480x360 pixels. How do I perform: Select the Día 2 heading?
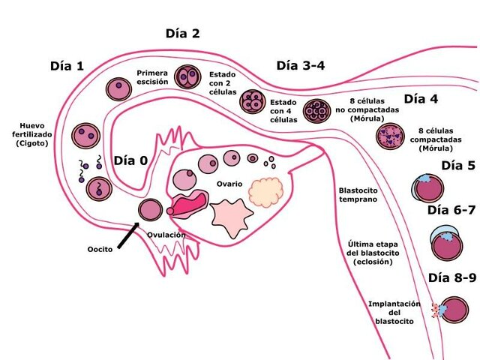click(182, 34)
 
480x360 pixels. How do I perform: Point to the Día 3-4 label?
click(300, 65)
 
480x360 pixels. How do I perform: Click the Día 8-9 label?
click(452, 278)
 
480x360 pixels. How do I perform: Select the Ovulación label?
click(166, 235)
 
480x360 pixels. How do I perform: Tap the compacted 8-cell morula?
click(391, 136)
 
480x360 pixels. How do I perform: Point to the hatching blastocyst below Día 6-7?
click(446, 244)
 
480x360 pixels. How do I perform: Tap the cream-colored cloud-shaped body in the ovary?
click(268, 193)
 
